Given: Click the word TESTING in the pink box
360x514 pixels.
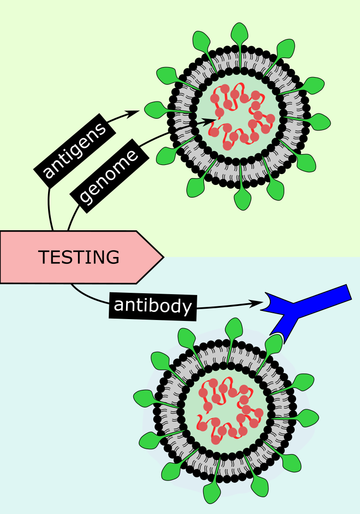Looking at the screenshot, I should [79, 257].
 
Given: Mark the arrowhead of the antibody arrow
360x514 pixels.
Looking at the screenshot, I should [257, 302].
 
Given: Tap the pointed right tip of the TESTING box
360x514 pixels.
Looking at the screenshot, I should [162, 257].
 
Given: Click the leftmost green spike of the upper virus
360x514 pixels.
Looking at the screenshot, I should [154, 109].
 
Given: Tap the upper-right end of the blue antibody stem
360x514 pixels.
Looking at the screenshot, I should [347, 292].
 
